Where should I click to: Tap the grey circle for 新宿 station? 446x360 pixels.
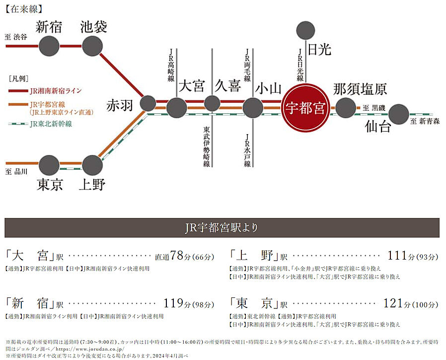(x=49, y=46)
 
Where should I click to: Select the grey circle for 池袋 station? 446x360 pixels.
(x=92, y=46)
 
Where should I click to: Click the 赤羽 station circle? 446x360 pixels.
(x=148, y=103)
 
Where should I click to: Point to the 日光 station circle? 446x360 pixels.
(x=305, y=31)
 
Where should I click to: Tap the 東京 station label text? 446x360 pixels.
(x=50, y=185)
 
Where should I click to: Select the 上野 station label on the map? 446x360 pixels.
(x=92, y=185)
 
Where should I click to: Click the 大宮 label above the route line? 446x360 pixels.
(x=192, y=86)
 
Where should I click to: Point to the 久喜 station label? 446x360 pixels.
(x=228, y=86)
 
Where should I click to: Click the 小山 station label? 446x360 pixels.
(x=269, y=88)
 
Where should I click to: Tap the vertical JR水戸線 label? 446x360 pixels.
(x=247, y=149)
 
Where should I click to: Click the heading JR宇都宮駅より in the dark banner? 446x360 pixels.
(x=223, y=228)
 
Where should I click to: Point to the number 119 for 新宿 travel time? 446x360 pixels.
(x=174, y=303)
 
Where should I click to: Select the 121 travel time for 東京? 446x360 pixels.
(x=395, y=303)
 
